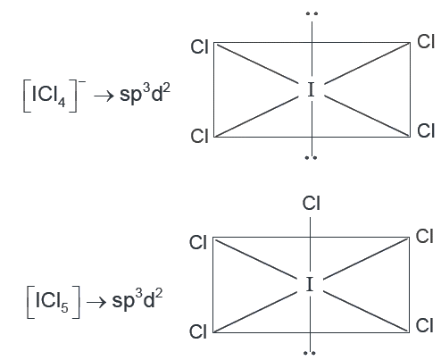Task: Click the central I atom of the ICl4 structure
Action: (311, 90)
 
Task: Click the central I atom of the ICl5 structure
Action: (310, 284)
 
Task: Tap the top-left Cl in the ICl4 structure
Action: (199, 47)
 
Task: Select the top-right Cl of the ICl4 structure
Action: (426, 41)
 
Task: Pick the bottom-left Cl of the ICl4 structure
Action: (199, 136)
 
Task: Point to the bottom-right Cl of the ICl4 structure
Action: (426, 130)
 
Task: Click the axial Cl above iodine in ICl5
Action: (312, 204)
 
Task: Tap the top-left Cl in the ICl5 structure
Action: (198, 242)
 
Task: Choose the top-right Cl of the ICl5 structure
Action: (424, 237)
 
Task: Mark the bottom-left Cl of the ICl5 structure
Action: (198, 331)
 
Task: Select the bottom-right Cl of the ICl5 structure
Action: (424, 325)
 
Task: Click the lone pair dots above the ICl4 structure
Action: (312, 13)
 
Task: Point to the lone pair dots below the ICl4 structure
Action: (311, 157)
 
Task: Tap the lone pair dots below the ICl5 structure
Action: (310, 353)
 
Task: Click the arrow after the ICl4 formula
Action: (104, 96)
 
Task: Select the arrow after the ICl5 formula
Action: (96, 302)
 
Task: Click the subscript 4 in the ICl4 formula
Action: (62, 102)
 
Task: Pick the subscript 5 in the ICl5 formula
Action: (64, 307)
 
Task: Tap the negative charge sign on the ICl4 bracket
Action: (82, 81)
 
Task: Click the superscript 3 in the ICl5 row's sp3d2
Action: (139, 293)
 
